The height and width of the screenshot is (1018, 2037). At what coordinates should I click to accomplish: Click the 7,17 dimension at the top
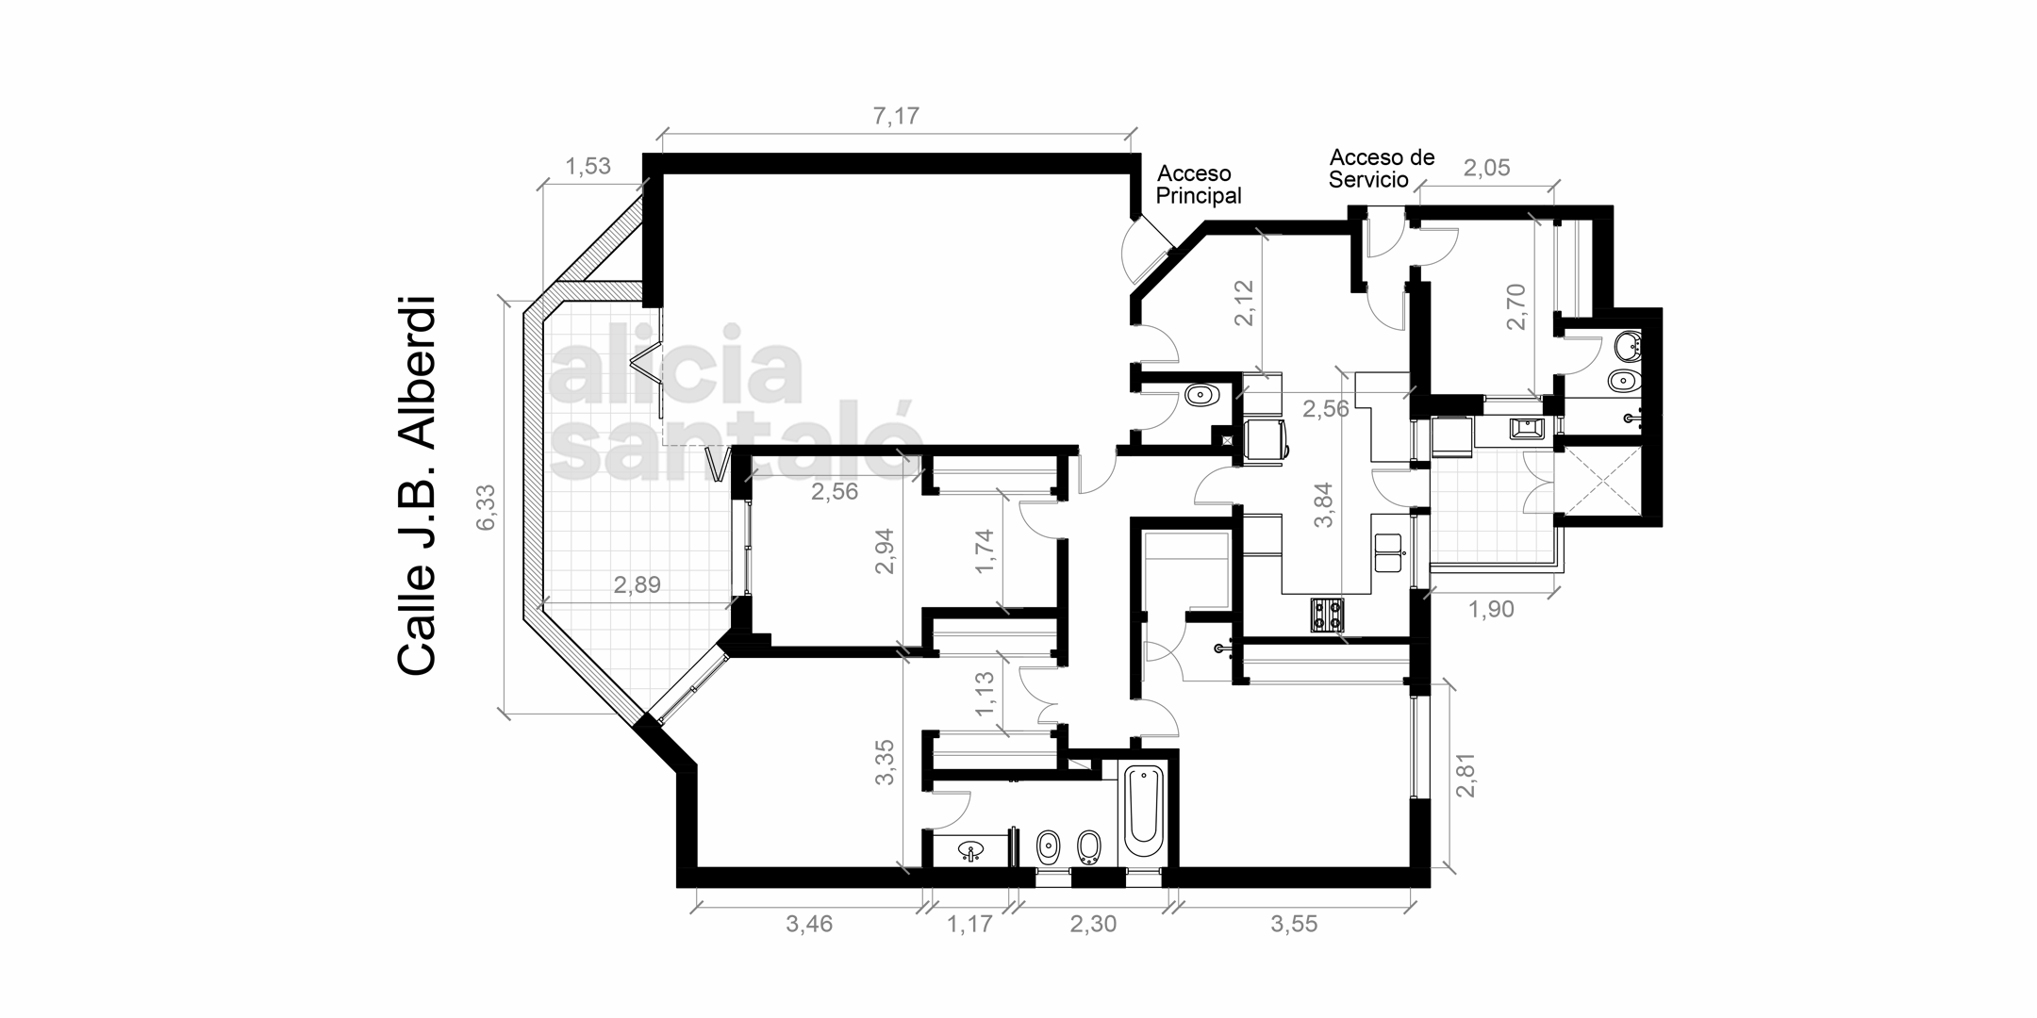(x=896, y=117)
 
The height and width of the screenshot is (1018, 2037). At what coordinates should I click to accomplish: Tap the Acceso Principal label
(x=1199, y=185)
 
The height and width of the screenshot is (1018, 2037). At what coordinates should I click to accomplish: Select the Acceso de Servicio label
(x=1382, y=168)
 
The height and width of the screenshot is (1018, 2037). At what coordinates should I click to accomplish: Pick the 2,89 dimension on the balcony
(x=638, y=585)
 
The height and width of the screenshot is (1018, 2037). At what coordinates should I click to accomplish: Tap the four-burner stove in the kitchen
(x=1326, y=615)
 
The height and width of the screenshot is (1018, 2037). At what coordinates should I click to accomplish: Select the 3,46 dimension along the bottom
(x=809, y=925)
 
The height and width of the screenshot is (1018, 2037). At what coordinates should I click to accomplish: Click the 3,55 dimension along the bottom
(x=1294, y=925)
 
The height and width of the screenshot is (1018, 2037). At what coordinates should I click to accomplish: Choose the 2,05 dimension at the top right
(x=1486, y=168)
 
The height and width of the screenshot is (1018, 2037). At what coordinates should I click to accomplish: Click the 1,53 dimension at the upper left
(x=588, y=167)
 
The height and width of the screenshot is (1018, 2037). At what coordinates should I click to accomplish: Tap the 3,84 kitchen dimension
(x=1325, y=505)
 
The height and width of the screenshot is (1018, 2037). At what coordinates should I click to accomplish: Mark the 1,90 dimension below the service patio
(x=1491, y=610)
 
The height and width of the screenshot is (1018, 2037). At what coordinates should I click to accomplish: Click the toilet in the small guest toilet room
(x=1200, y=394)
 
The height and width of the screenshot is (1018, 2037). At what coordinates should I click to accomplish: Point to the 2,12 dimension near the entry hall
(x=1245, y=303)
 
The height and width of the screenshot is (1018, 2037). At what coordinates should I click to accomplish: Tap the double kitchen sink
(x=1388, y=552)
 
